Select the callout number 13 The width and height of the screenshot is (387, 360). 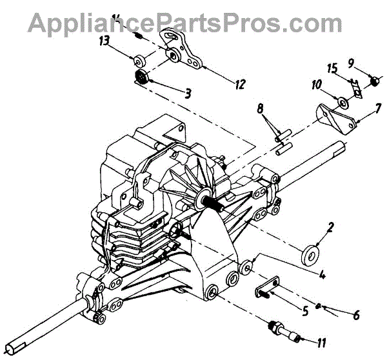[x=104, y=41]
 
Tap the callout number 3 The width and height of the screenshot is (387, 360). [x=187, y=93]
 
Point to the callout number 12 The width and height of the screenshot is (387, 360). [x=240, y=83]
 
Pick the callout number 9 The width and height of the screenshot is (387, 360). [x=368, y=63]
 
